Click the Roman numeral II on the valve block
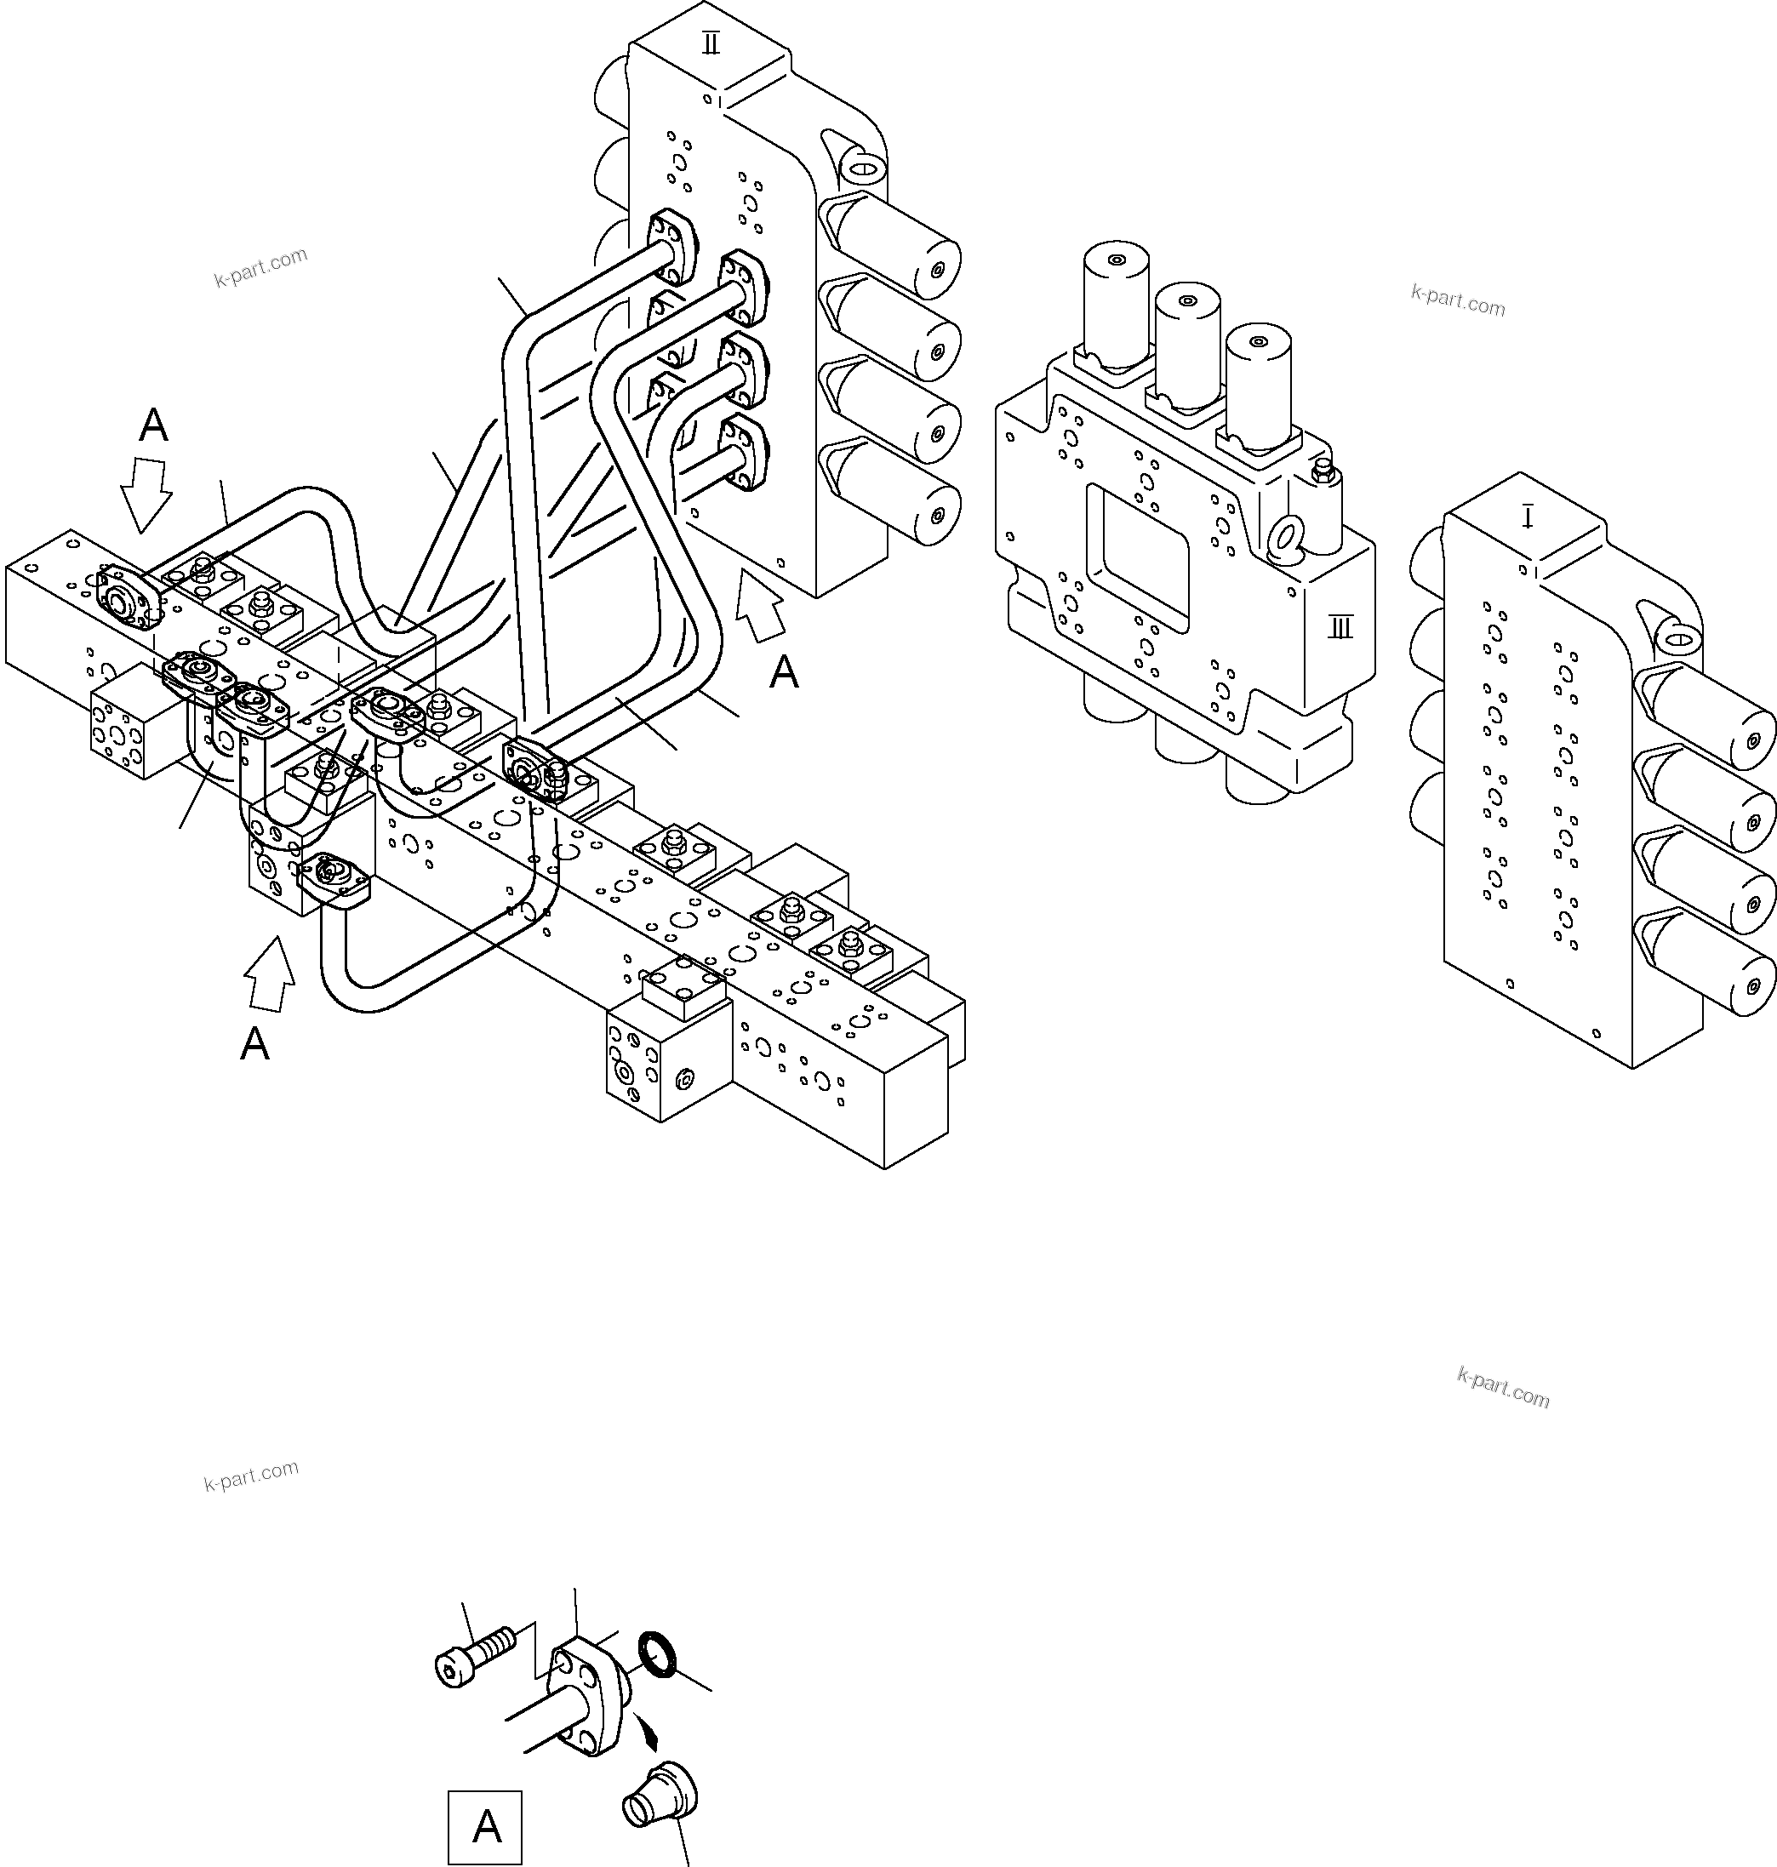coord(711,43)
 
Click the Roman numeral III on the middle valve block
coord(1340,627)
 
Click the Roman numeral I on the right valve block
coord(1527,517)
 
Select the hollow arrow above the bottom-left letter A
coord(270,976)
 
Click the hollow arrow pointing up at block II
coord(761,606)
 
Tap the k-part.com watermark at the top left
coord(260,267)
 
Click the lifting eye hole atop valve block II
coord(863,170)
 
